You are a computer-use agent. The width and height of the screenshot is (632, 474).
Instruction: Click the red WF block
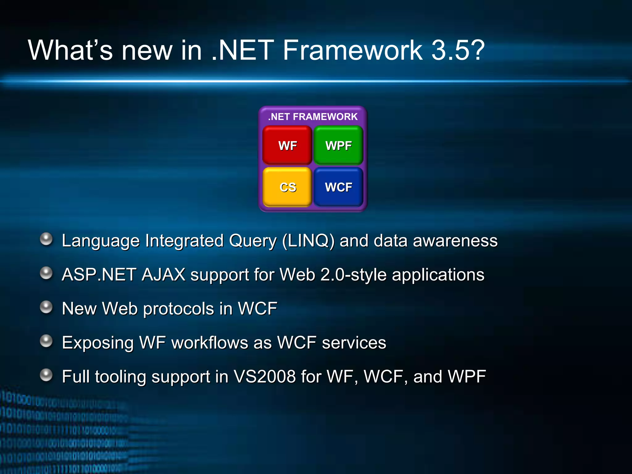click(x=287, y=145)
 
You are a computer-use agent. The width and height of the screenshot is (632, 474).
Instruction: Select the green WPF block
click(x=339, y=145)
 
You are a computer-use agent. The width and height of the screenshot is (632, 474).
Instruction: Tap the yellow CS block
click(x=287, y=187)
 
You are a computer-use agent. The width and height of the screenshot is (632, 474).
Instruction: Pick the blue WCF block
click(x=339, y=187)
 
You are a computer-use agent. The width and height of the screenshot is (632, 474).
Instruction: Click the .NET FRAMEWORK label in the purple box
click(x=313, y=117)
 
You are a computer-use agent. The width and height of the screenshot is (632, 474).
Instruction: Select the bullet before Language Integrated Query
click(x=47, y=239)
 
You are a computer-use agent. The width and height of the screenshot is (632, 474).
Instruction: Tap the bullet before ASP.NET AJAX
click(x=47, y=273)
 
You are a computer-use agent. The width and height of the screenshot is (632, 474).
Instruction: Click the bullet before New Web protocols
click(x=47, y=307)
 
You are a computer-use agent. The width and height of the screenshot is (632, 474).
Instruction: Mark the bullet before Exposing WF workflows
click(x=47, y=341)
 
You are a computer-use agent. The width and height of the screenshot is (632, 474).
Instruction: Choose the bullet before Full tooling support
click(x=47, y=375)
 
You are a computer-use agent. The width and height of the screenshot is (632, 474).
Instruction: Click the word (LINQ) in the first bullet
click(x=308, y=241)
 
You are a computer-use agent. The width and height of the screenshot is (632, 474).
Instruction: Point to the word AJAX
click(x=164, y=275)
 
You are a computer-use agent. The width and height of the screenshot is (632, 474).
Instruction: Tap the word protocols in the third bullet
click(x=179, y=309)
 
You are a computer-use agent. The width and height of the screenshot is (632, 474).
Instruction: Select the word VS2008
click(x=264, y=376)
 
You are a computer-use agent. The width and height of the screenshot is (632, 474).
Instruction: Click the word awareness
click(x=455, y=241)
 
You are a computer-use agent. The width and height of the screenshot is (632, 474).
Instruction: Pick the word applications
click(x=438, y=275)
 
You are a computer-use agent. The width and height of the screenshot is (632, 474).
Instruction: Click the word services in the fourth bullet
click(x=354, y=343)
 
